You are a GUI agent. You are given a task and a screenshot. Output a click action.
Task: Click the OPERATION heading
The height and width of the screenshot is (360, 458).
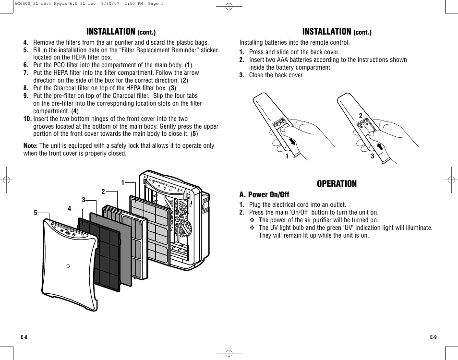point(337,184)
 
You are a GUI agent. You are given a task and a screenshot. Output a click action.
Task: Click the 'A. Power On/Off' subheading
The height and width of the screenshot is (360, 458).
point(264,194)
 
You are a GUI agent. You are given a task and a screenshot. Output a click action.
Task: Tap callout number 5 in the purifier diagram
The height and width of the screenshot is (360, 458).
point(35,213)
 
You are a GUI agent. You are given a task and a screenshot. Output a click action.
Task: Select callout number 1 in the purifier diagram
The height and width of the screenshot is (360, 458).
point(122,182)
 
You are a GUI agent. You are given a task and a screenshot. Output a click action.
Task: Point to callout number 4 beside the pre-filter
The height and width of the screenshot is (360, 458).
point(69,208)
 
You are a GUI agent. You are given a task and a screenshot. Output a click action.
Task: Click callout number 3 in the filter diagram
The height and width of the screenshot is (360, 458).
point(83,200)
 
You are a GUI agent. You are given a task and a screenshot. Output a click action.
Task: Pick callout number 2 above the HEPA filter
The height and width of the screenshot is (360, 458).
point(103,192)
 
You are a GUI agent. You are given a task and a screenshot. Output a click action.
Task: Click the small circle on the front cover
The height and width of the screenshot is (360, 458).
point(68,266)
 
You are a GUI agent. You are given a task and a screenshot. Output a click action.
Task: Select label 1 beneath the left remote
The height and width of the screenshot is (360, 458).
point(287,156)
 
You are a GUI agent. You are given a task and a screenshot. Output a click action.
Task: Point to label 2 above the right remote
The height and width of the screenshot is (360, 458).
point(360,116)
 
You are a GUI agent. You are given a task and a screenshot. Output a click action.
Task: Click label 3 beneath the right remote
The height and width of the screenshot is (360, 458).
point(372,156)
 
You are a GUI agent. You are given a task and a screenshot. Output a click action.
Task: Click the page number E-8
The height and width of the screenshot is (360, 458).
point(24,337)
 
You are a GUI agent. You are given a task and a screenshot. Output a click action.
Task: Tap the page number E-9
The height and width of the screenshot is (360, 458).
point(433,337)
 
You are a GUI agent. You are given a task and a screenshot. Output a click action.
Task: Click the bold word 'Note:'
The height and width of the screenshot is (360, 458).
point(31,146)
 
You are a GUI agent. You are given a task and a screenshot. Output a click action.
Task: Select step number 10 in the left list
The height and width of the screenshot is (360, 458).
point(28,119)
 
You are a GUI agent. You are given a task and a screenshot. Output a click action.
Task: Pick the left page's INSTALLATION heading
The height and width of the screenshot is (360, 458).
point(111,32)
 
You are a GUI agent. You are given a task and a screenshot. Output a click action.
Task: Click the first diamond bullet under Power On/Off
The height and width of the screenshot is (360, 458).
point(252,220)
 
